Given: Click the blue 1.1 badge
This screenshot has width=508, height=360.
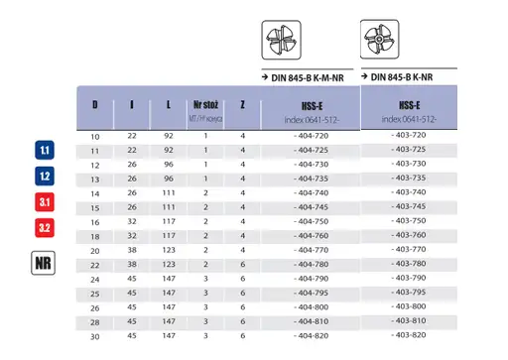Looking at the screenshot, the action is pos(45,152).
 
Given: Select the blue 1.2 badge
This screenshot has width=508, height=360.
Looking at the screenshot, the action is pos(45,177).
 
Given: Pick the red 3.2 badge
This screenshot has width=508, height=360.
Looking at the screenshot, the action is pos(45,228).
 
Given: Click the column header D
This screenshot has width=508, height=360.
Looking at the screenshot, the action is pos(95,104).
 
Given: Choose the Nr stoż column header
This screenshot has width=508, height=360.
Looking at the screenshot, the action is pos(205,103).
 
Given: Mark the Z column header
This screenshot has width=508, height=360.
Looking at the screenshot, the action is pos(242,104).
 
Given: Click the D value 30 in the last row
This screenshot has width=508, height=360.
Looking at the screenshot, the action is pos(95,337).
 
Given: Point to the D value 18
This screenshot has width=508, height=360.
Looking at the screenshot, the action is pos(95,236).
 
